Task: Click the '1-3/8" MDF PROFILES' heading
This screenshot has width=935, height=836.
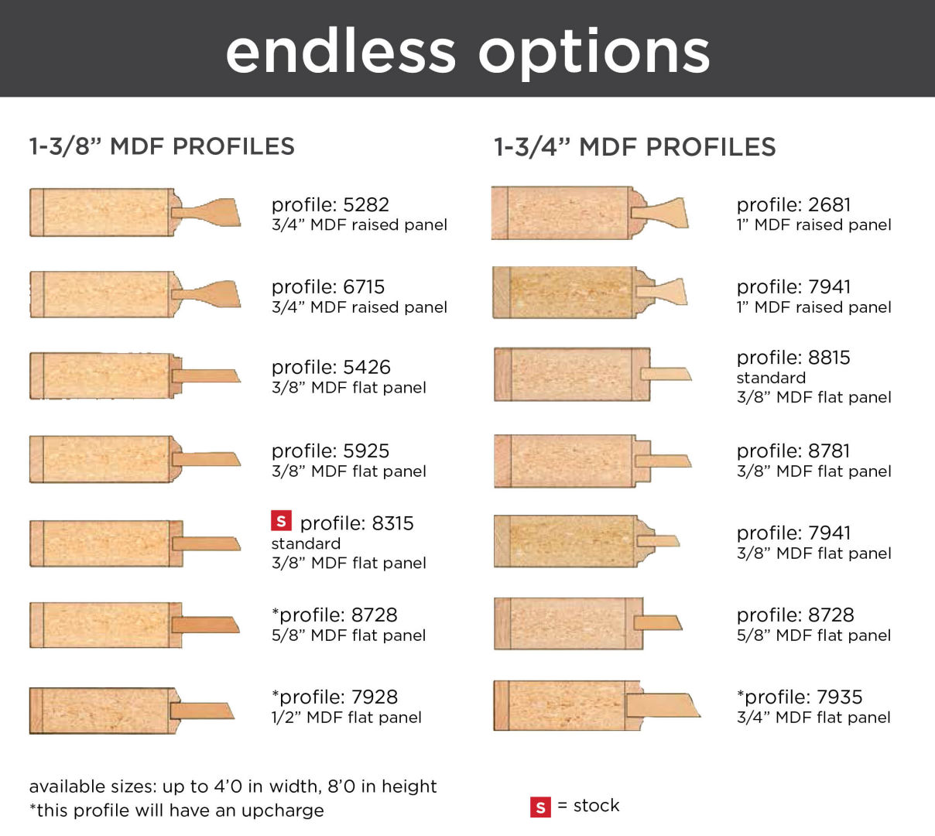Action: pyautogui.click(x=162, y=147)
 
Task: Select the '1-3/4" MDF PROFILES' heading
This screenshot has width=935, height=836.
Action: pyautogui.click(x=635, y=147)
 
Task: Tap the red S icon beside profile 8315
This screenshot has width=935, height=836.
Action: pyautogui.click(x=281, y=521)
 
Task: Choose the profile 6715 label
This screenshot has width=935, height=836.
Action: pyautogui.click(x=328, y=286)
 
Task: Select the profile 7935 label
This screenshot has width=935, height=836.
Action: pyautogui.click(x=800, y=697)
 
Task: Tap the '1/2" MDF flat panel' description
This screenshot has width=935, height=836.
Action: pyautogui.click(x=347, y=718)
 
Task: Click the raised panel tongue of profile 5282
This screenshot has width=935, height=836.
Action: pyautogui.click(x=207, y=213)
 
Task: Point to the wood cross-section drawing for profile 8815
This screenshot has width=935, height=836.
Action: pyautogui.click(x=593, y=375)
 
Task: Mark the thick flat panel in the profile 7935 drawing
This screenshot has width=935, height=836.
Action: pyautogui.click(x=663, y=705)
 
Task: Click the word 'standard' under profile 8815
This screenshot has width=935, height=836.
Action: pyautogui.click(x=771, y=378)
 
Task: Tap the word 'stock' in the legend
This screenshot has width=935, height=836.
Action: pyautogui.click(x=596, y=806)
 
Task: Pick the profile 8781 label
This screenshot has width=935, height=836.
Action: pyautogui.click(x=793, y=451)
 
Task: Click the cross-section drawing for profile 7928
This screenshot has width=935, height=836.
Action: pyautogui.click(x=132, y=711)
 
